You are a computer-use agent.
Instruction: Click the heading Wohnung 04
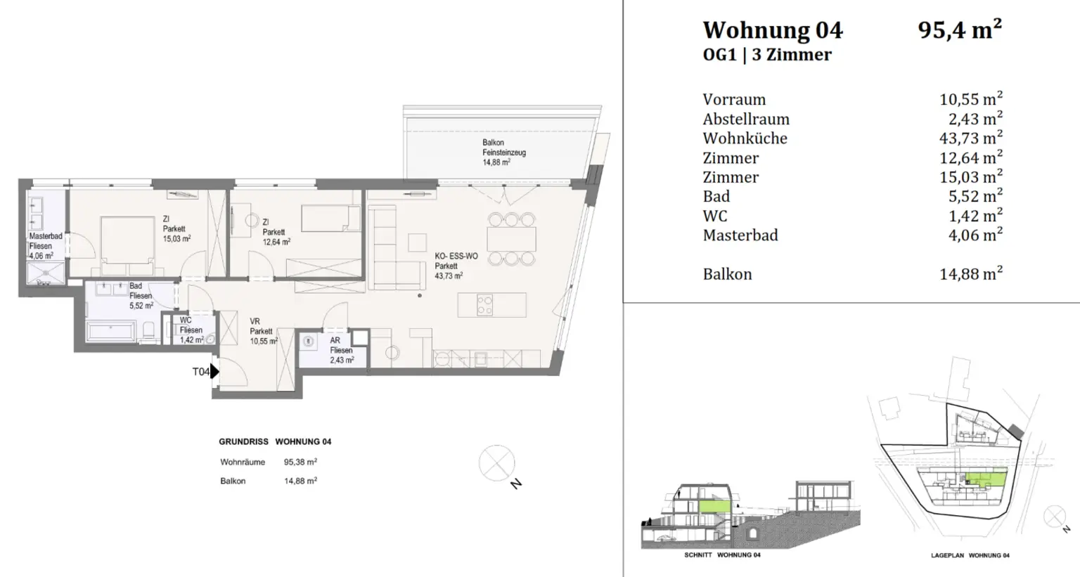(x=772, y=30)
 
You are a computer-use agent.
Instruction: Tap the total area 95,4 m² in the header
(x=959, y=30)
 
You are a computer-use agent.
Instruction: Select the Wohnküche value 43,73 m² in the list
(x=970, y=138)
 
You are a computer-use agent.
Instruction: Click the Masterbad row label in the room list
(x=740, y=235)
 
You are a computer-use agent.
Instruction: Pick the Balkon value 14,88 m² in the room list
(x=970, y=274)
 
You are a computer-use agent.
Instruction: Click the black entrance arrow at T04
(x=215, y=371)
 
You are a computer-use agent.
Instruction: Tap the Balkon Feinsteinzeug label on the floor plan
(x=503, y=152)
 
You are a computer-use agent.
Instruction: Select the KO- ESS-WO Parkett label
(x=456, y=266)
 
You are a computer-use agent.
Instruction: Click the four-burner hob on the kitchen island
(x=485, y=305)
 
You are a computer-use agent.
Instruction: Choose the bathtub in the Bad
(x=110, y=332)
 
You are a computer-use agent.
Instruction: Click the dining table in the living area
(x=512, y=239)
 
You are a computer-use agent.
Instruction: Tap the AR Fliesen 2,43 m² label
(x=341, y=350)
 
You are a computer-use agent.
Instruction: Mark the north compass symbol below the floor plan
(x=496, y=463)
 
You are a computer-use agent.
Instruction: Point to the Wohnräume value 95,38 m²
(x=300, y=462)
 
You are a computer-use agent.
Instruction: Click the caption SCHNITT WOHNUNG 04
(x=722, y=555)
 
